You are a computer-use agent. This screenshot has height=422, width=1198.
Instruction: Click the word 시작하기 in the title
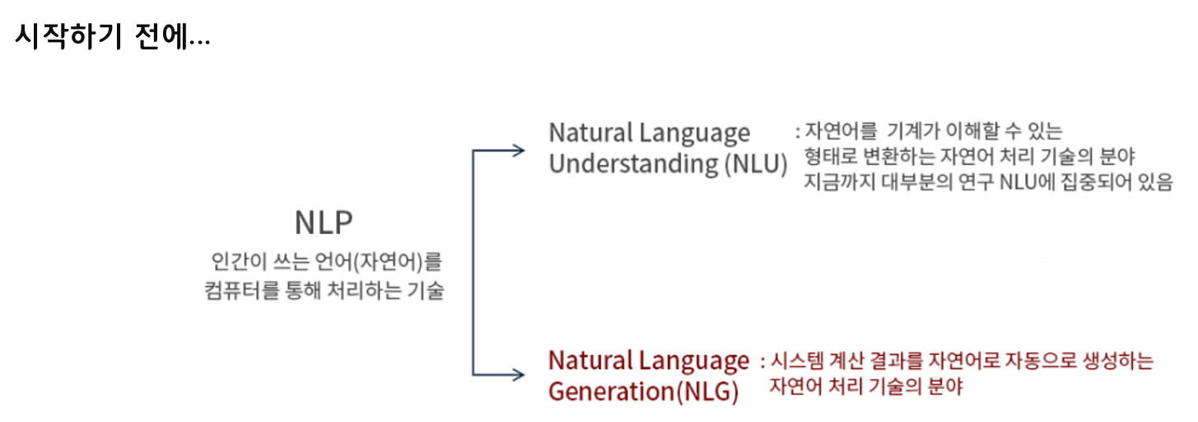[71, 38]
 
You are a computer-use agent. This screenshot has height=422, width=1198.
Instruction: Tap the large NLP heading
[324, 223]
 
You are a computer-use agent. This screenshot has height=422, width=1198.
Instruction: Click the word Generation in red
[610, 391]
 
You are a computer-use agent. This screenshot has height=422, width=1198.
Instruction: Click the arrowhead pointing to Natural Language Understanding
[518, 150]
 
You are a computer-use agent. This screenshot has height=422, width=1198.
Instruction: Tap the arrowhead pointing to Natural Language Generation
[518, 375]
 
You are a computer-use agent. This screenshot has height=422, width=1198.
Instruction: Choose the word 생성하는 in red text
[1123, 361]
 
